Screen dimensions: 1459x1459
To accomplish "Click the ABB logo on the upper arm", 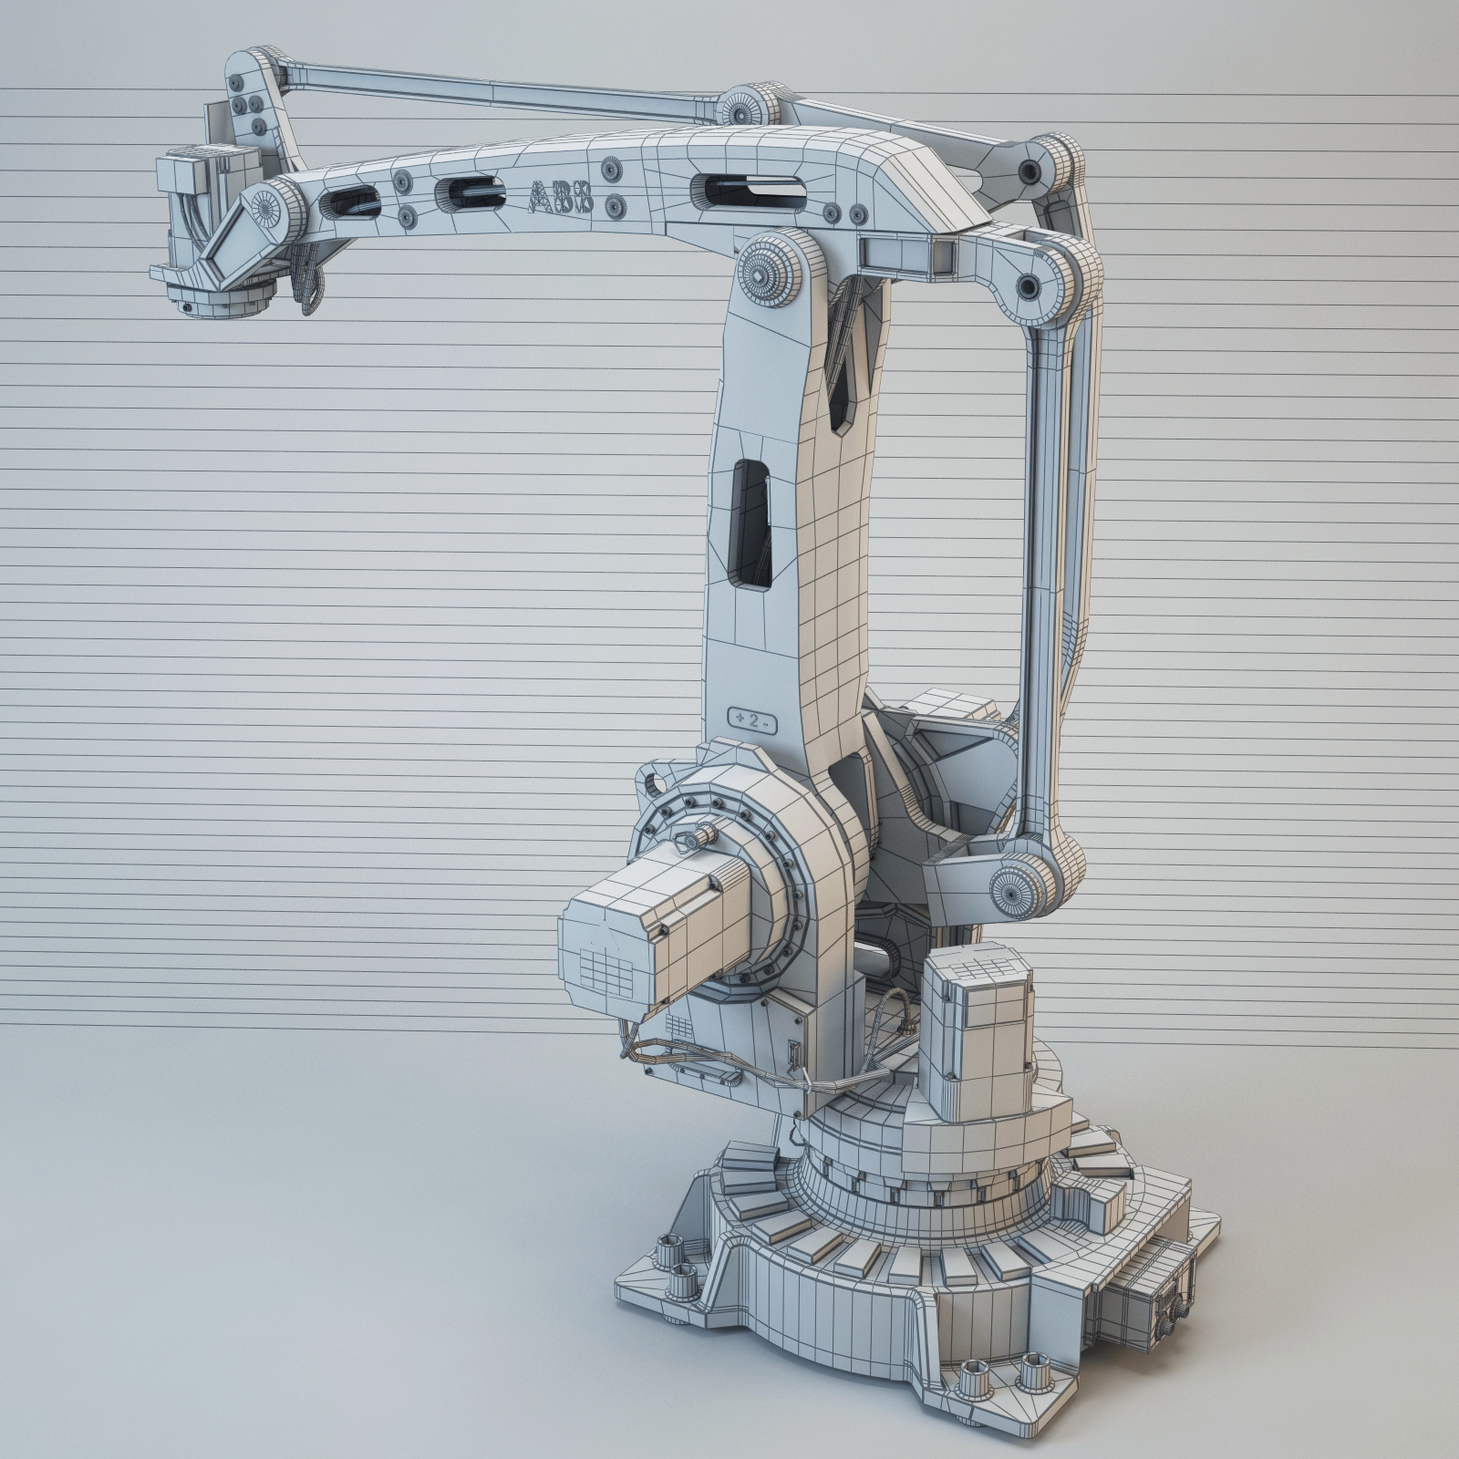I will coord(562,197).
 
